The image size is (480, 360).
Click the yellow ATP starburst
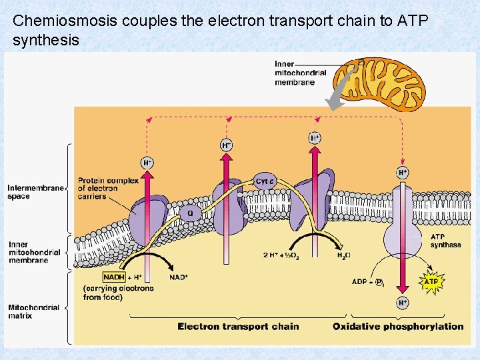point(431,281)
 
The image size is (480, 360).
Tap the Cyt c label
point(265,181)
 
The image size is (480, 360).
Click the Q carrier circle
point(190,214)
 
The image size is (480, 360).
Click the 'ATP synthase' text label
point(445,241)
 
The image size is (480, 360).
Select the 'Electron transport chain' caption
point(238,326)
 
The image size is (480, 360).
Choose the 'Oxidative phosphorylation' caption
point(398,326)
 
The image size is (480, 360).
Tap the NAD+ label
point(179,277)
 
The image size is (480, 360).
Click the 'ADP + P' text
point(367,282)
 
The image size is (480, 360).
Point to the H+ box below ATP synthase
point(403,303)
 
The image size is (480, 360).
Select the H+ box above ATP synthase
point(403,172)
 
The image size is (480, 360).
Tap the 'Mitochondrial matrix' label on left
point(33,311)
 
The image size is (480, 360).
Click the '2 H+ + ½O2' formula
point(285,255)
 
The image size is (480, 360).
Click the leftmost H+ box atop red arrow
point(147,162)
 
